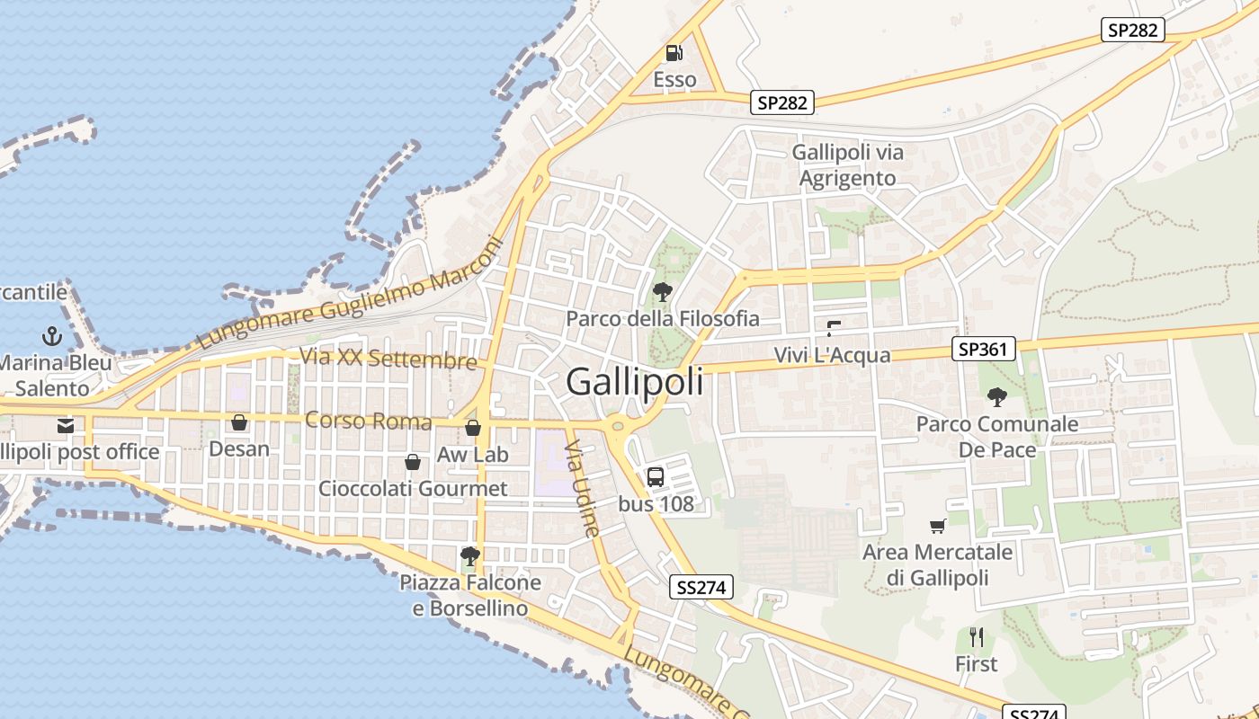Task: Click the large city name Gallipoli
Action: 635,382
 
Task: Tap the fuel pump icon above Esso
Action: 674,54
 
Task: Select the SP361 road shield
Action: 983,349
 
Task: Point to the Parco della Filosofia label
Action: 663,318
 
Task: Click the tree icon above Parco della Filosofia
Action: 663,291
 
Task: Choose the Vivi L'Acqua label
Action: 833,355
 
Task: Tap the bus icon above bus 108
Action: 656,477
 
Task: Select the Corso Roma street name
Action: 369,421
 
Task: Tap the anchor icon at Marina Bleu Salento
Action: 52,337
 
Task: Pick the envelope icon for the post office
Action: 65,425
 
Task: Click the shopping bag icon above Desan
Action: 239,422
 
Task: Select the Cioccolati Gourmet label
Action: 413,488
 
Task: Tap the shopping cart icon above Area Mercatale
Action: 937,526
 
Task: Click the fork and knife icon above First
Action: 977,638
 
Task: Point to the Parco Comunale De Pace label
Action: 997,436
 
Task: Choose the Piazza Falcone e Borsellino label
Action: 470,595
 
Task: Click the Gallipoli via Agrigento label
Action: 848,164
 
